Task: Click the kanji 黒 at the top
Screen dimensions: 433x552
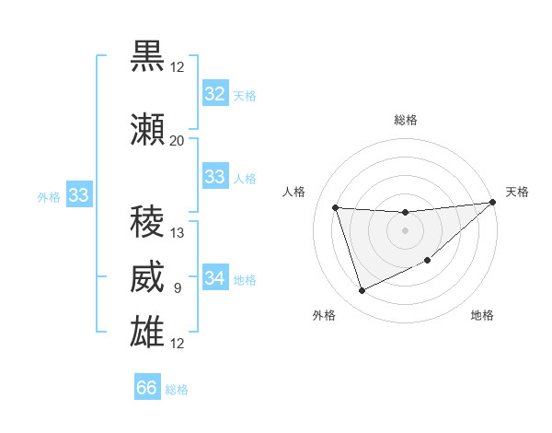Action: (147, 56)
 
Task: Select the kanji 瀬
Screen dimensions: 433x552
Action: (147, 129)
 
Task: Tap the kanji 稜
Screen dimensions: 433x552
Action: (147, 222)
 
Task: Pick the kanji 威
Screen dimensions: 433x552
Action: (147, 278)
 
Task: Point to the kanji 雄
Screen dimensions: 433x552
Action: (147, 333)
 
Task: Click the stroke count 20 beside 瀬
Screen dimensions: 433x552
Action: (177, 140)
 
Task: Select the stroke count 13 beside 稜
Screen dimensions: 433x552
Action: (178, 233)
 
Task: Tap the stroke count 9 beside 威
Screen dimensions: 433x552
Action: (178, 289)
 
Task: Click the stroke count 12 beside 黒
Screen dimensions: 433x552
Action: (177, 66)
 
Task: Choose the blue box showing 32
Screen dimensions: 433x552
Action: (214, 94)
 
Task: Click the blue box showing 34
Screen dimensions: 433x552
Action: (214, 278)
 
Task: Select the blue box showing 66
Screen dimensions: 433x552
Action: (147, 388)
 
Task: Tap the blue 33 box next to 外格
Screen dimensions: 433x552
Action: (78, 195)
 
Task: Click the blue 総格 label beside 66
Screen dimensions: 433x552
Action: (177, 390)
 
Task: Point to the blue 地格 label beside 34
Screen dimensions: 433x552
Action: (245, 280)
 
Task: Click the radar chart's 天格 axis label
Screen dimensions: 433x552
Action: (517, 192)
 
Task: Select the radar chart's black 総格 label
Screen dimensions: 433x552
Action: (406, 120)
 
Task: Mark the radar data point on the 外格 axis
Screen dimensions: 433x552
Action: (362, 291)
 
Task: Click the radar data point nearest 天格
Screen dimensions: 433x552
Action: (493, 203)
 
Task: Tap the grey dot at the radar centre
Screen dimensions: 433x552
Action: (405, 230)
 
